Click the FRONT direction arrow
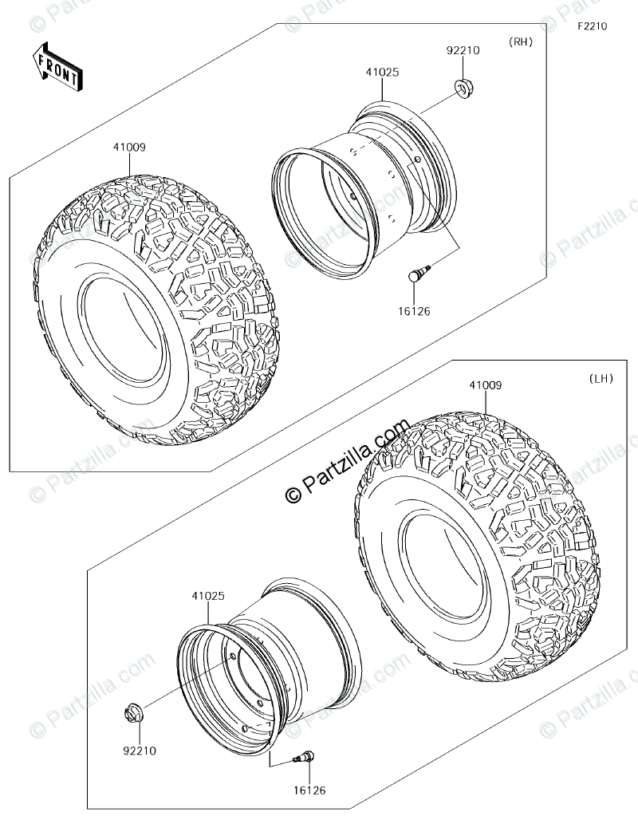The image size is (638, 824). tap(57, 66)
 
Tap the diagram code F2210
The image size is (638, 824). tap(593, 26)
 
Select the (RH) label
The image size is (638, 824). tap(520, 42)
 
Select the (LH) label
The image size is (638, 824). tap(601, 378)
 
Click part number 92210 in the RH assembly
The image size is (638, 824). tap(463, 50)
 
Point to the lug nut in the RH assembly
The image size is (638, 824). tap(463, 88)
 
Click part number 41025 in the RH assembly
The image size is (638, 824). tap(382, 72)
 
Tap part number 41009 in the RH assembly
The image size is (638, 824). tap(128, 147)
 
